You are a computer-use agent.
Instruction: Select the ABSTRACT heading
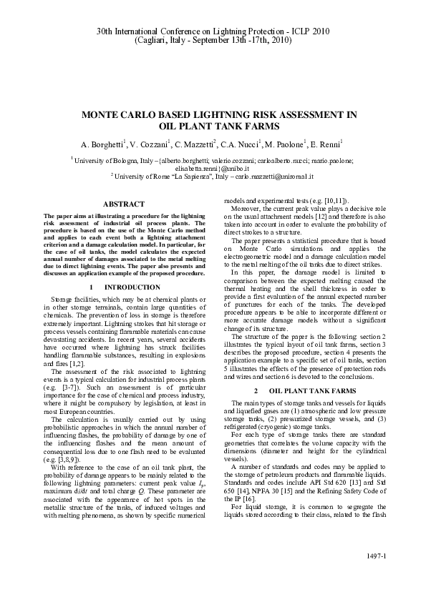124,204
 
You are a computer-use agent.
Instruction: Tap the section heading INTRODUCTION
123,286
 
